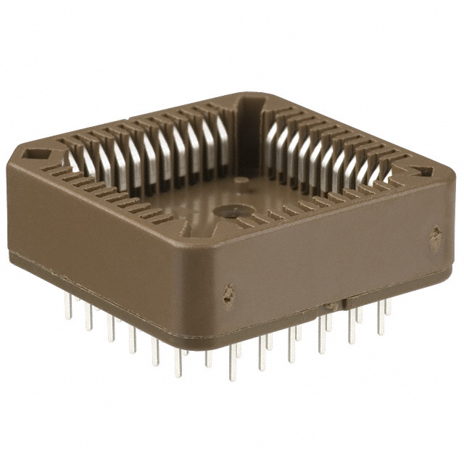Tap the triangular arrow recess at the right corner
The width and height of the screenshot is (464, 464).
(x=423, y=172)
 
